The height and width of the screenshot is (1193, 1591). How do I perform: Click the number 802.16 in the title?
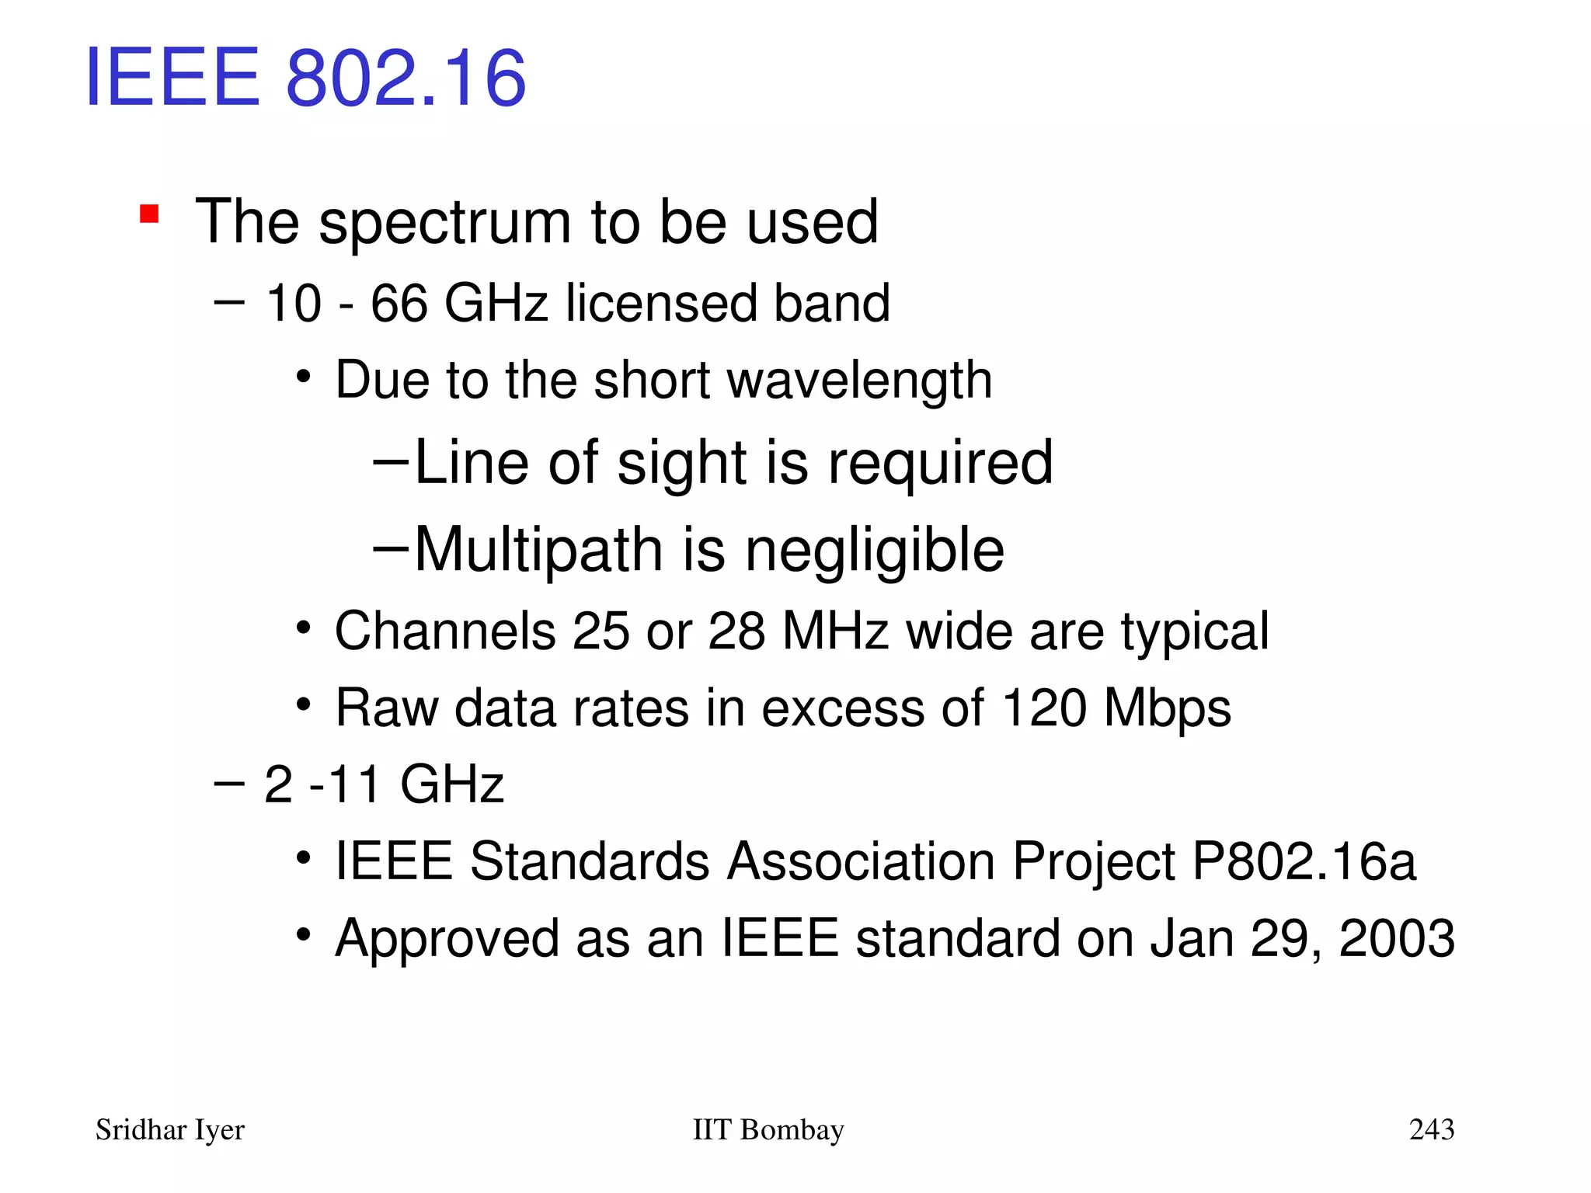406,78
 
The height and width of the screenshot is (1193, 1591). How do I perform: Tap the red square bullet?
149,213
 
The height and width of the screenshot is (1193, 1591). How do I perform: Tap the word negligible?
874,550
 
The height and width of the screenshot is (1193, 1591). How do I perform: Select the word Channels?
444,631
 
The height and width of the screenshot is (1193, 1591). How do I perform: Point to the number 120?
1043,708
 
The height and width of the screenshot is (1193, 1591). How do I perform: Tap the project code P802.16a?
1304,861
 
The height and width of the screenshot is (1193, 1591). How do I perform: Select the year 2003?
1396,938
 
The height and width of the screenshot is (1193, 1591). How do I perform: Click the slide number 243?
1431,1129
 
